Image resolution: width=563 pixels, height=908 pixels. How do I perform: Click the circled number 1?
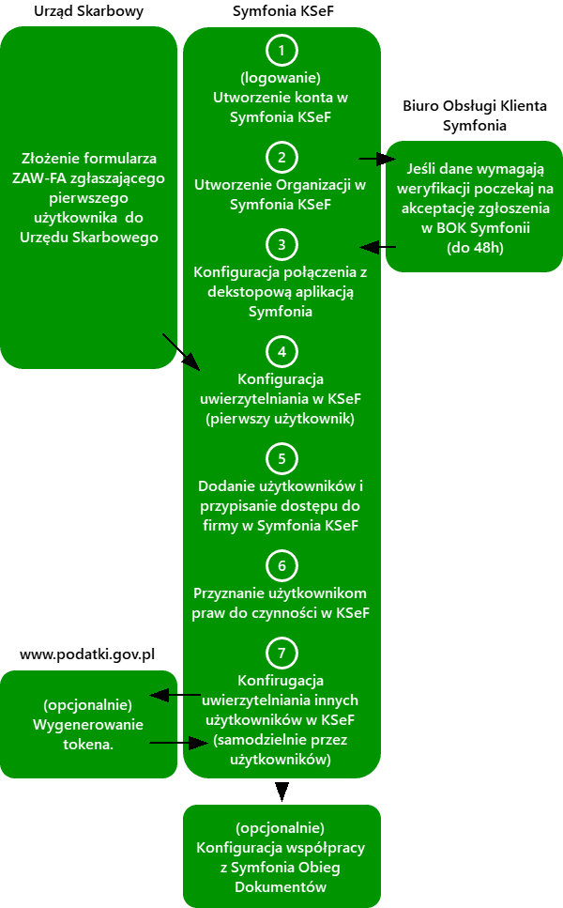[281, 49]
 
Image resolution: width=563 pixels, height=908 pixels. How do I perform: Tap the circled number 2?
[281, 156]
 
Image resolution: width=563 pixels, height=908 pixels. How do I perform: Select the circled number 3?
[281, 245]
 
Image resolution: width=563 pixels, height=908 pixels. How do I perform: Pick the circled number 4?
[281, 352]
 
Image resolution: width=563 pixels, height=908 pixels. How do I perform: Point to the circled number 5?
[281, 459]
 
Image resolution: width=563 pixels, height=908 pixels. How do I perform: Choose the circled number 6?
[281, 566]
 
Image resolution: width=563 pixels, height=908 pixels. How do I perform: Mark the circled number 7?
[281, 652]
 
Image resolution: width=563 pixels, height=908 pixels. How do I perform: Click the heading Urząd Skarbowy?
[88, 10]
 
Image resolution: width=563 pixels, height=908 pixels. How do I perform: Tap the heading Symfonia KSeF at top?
[281, 10]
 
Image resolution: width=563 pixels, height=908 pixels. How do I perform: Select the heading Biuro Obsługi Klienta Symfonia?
[474, 115]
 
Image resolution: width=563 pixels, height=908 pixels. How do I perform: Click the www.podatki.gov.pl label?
[87, 654]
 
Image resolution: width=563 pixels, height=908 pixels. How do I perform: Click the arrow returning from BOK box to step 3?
[378, 247]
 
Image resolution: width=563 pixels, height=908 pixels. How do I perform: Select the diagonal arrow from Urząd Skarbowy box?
[180, 350]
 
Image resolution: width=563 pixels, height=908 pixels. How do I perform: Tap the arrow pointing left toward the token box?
[175, 696]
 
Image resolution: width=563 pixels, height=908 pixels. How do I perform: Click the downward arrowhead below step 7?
[281, 793]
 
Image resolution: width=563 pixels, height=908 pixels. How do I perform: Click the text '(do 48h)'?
[474, 249]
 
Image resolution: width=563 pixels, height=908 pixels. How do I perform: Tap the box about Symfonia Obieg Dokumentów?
[281, 856]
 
